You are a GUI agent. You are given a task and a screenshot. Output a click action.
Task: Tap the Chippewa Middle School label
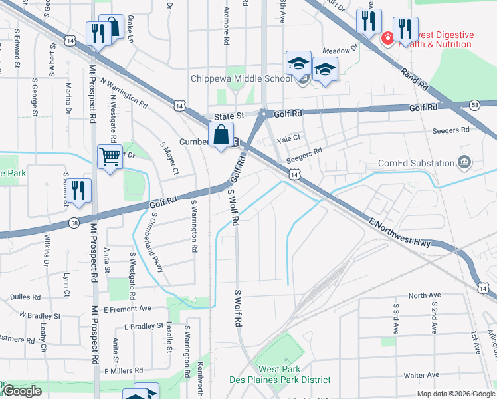241,78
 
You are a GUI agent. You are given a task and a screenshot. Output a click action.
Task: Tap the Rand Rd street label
413,79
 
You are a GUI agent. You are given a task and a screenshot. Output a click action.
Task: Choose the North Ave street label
425,295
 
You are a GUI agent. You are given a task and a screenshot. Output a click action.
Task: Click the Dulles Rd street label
25,297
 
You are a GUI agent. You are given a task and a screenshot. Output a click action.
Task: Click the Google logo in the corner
21,392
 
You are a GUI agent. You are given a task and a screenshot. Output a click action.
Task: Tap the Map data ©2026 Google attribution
456,394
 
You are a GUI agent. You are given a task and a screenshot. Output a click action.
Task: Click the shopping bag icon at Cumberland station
221,135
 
